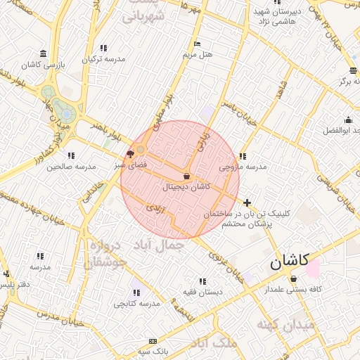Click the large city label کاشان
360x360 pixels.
pyautogui.click(x=289, y=262)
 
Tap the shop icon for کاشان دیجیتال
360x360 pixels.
pyautogui.click(x=186, y=176)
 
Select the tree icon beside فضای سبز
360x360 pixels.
pyautogui.click(x=130, y=153)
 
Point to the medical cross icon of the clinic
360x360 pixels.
pyautogui.click(x=247, y=202)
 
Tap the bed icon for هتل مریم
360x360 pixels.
pyautogui.click(x=196, y=44)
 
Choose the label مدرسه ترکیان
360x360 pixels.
pyautogui.click(x=103, y=59)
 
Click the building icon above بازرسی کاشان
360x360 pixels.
pyautogui.click(x=44, y=54)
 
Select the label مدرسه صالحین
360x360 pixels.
pyautogui.click(x=70, y=167)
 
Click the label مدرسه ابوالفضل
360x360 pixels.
pyautogui.click(x=342, y=131)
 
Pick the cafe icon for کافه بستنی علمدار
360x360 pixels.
pyautogui.click(x=293, y=279)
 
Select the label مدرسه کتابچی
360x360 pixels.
pyautogui.click(x=136, y=304)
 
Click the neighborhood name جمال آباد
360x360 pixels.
pyautogui.click(x=162, y=246)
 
